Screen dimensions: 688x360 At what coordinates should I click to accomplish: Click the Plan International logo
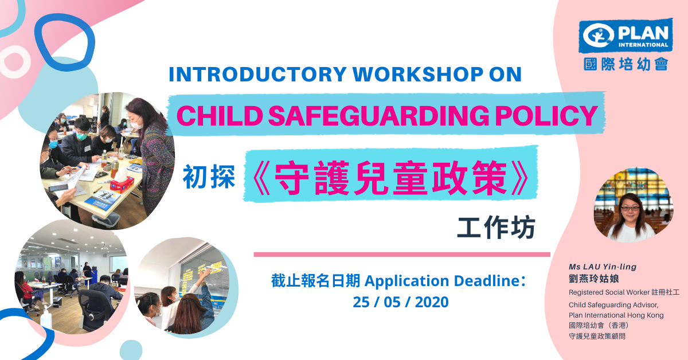[626, 36]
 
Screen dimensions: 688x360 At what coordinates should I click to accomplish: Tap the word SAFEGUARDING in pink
[379, 116]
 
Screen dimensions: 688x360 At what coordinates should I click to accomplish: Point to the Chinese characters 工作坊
[497, 228]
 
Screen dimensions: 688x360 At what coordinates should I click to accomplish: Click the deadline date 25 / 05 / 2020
[401, 302]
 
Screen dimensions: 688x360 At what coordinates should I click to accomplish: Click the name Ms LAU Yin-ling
[603, 267]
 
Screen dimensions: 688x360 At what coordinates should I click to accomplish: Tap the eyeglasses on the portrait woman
[630, 209]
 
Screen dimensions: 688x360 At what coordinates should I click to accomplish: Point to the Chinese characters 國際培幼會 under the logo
[626, 64]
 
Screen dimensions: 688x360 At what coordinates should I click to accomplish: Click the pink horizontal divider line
[402, 255]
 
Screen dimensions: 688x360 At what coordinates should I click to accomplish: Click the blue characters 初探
[209, 177]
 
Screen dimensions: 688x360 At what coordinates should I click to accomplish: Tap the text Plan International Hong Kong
[616, 315]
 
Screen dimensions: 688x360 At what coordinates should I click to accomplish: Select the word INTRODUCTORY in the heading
[257, 75]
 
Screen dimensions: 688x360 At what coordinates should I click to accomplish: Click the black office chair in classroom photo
[96, 310]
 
